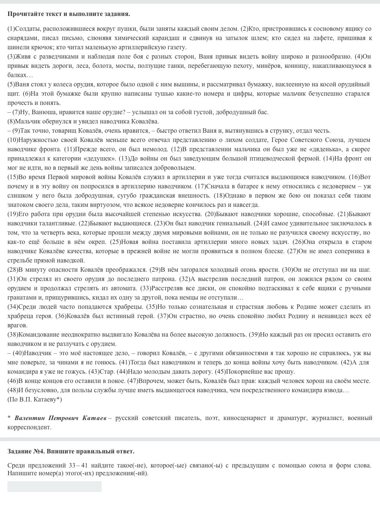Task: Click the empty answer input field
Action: pyautogui.click(x=55, y=486)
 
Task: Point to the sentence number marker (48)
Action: pyautogui.click(x=13, y=390)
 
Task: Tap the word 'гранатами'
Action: pyautogui.click(x=20, y=297)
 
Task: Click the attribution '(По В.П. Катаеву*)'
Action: pyautogui.click(x=35, y=399)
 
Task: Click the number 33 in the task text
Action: pyautogui.click(x=72, y=465)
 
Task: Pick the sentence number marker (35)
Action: pyautogui.click(x=151, y=307)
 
